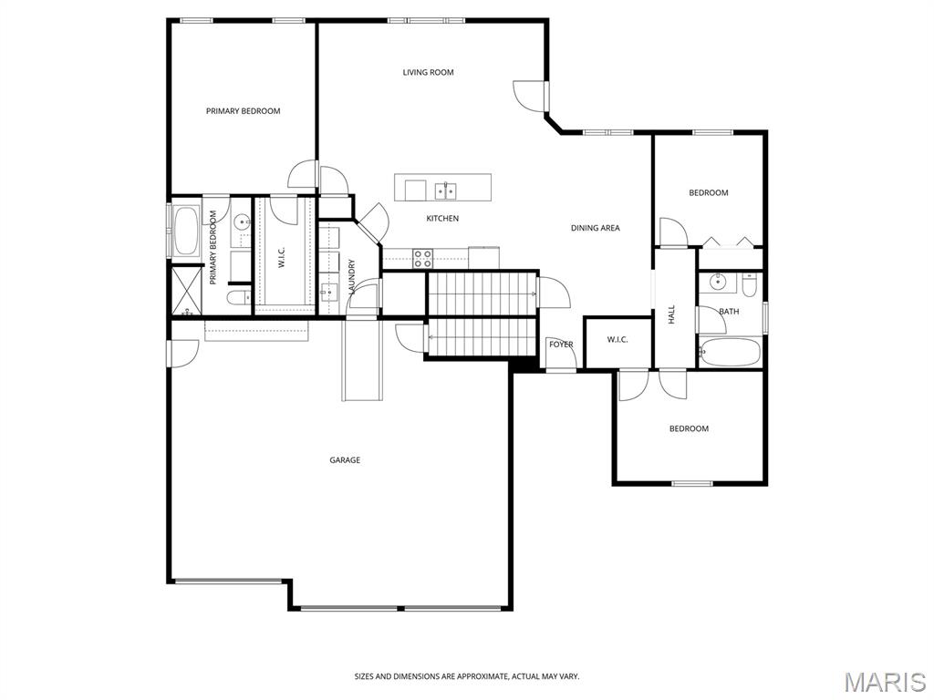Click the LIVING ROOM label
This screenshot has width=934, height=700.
point(428,73)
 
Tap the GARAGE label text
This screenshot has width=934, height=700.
point(345,460)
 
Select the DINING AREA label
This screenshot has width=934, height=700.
point(595,228)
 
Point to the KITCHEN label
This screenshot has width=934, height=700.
point(442,219)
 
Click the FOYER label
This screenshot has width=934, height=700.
point(561,345)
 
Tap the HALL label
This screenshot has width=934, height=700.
point(672,314)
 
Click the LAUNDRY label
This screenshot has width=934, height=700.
point(351,276)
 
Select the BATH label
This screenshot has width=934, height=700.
point(729,312)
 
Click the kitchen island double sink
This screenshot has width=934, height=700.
point(445,191)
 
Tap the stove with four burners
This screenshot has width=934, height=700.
point(423,258)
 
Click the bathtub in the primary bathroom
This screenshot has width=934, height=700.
point(186,230)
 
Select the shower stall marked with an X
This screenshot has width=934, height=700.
point(186,291)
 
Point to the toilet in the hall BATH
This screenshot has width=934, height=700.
point(749,285)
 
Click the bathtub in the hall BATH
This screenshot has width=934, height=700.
point(730,353)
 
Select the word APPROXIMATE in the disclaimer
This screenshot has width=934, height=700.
point(482,677)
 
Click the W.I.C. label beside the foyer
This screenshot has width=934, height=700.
point(617,340)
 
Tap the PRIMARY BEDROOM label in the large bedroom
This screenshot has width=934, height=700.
point(243,111)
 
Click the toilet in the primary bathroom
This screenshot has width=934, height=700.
point(240,298)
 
